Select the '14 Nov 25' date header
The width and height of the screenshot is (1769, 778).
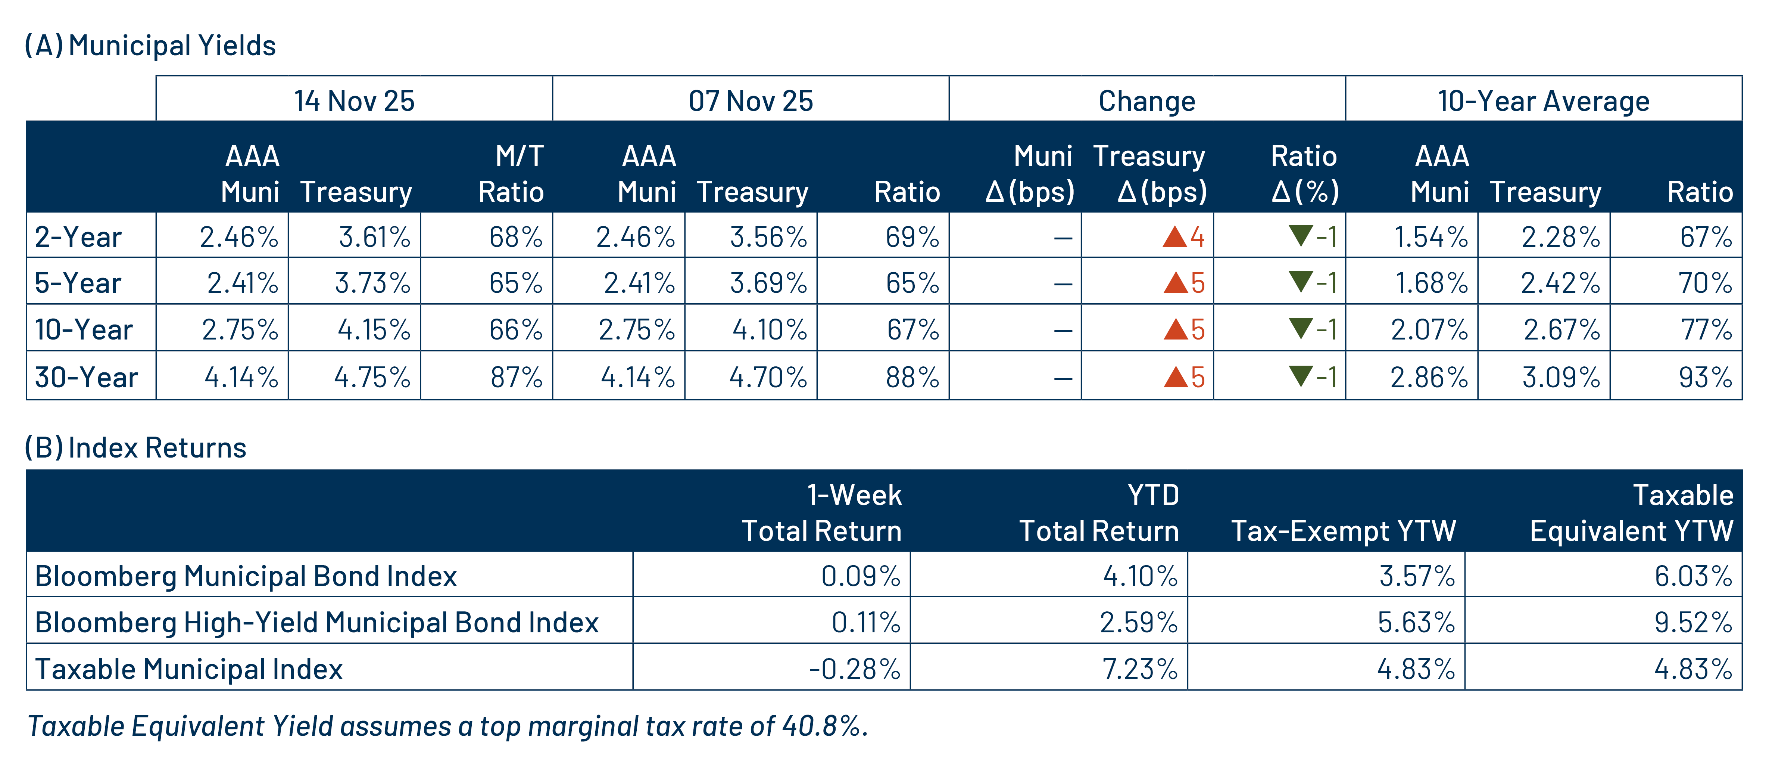(x=354, y=101)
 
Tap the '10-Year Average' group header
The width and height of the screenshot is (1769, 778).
(x=1543, y=101)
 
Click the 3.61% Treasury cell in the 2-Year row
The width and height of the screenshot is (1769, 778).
(x=374, y=237)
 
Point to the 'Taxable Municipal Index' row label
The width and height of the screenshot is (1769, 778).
(x=189, y=669)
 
